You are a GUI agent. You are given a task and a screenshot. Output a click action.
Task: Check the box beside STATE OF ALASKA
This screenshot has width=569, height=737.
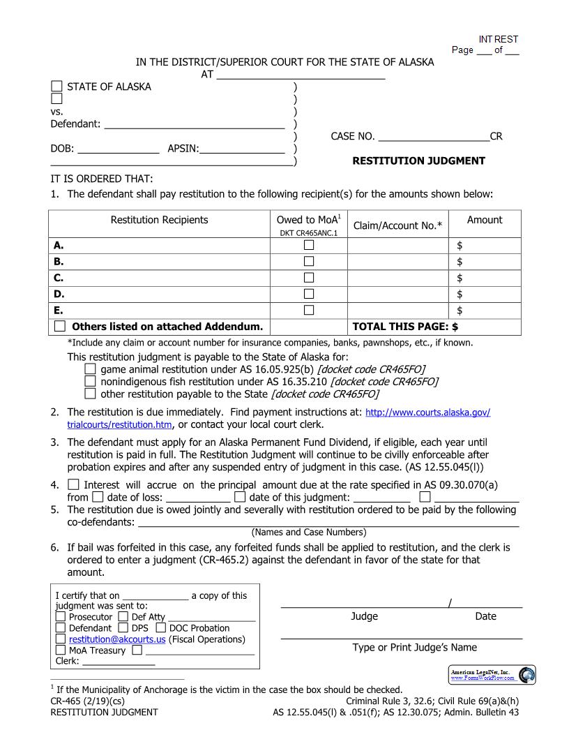(x=56, y=87)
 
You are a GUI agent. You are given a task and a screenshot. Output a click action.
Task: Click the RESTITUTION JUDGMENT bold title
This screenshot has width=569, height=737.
(x=418, y=161)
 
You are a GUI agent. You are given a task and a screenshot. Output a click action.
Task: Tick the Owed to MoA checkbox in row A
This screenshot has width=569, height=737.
(x=308, y=246)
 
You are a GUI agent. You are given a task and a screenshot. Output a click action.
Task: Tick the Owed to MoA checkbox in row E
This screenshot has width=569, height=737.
(x=308, y=310)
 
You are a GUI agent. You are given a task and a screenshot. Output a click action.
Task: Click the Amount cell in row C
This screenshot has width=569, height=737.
(x=485, y=278)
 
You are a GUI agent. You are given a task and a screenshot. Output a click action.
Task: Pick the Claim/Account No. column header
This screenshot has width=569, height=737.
(x=397, y=225)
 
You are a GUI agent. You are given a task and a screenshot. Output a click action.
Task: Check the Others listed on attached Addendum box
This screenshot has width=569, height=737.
(x=61, y=326)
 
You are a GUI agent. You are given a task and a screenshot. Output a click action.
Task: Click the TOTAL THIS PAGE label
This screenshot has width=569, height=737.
(x=406, y=326)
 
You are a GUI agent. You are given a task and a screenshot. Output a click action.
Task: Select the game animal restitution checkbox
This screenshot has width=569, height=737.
(x=90, y=369)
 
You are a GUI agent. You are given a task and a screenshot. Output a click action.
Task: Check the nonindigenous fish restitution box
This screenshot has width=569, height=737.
(x=90, y=382)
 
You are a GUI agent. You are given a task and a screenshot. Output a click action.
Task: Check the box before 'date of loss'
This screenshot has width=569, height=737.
(x=98, y=497)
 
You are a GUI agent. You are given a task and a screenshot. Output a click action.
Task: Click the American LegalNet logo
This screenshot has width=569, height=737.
(x=492, y=674)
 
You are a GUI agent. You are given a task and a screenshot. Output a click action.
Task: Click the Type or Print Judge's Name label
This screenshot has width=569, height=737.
(x=414, y=648)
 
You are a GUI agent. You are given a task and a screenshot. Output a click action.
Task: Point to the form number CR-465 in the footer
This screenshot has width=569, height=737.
(x=68, y=701)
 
